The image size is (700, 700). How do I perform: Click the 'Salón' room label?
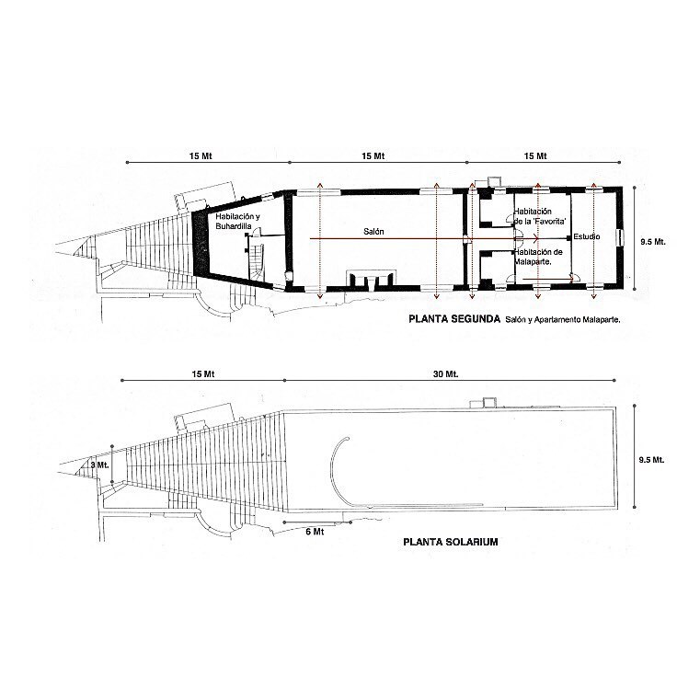click(x=373, y=232)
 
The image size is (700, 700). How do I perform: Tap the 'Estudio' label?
click(x=587, y=236)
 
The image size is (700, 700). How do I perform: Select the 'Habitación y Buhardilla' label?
click(x=237, y=222)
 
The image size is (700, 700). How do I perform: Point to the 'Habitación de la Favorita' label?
click(x=540, y=216)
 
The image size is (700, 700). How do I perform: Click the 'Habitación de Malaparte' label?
click(x=538, y=257)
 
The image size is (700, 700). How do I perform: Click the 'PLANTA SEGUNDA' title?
click(x=454, y=319)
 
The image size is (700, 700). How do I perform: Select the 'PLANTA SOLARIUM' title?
click(x=451, y=542)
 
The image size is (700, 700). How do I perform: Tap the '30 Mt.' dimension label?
click(x=445, y=374)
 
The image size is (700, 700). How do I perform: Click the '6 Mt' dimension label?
click(x=315, y=532)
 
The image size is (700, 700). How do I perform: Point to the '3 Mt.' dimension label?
click(x=99, y=465)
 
